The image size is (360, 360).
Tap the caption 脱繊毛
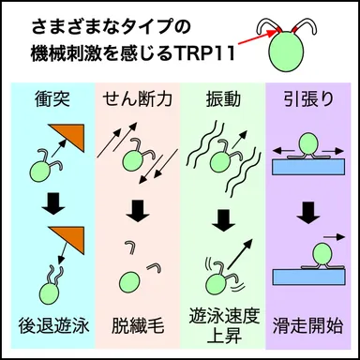point(138,325)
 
